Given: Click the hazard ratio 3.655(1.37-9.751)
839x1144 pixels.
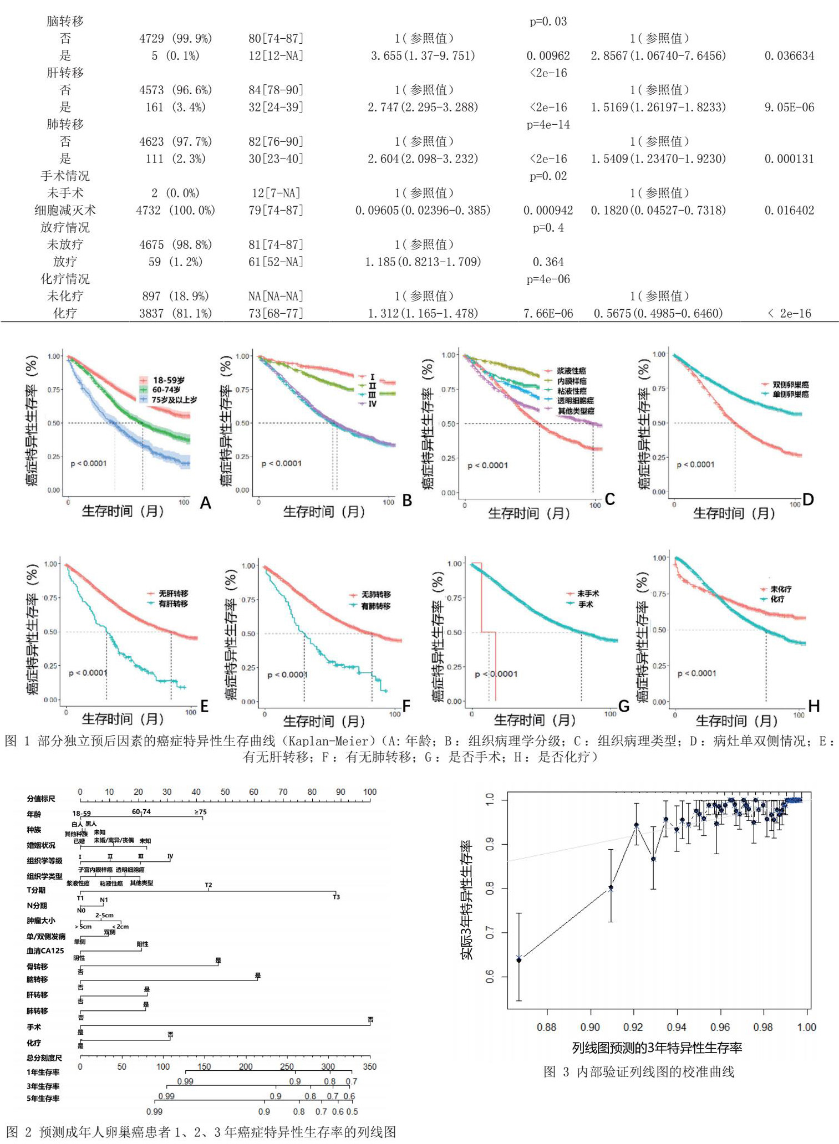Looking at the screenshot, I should click(423, 55).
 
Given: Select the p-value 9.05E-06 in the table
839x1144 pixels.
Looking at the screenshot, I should click(789, 107).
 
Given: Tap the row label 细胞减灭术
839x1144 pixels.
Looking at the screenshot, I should click(65, 210).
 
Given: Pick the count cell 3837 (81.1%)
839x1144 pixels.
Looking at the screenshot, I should click(175, 313).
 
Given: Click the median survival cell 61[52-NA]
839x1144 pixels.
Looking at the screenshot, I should click(276, 262).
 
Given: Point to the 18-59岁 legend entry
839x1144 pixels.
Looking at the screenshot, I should click(168, 380).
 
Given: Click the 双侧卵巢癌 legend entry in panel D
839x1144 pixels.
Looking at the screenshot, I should click(790, 385).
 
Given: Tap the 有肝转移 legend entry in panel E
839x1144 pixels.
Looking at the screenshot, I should click(173, 604).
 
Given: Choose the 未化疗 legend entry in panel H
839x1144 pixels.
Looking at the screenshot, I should click(780, 589).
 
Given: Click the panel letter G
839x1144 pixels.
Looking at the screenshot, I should click(624, 707).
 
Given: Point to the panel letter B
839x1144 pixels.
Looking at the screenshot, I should click(407, 501).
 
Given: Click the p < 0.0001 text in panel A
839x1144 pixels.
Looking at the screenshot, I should click(89, 463).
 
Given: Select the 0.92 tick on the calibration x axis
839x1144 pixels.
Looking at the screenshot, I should click(633, 1027).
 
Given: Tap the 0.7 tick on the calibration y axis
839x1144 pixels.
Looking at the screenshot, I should click(490, 933).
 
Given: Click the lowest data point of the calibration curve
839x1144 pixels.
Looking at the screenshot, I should click(519, 959).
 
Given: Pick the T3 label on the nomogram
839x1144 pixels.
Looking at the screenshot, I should click(336, 897).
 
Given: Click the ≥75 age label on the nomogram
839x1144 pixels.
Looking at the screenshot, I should click(200, 812).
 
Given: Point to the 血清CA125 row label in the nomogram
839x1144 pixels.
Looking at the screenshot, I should click(45, 951).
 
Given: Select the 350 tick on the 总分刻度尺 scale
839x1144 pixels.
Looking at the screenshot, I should click(369, 1066).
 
